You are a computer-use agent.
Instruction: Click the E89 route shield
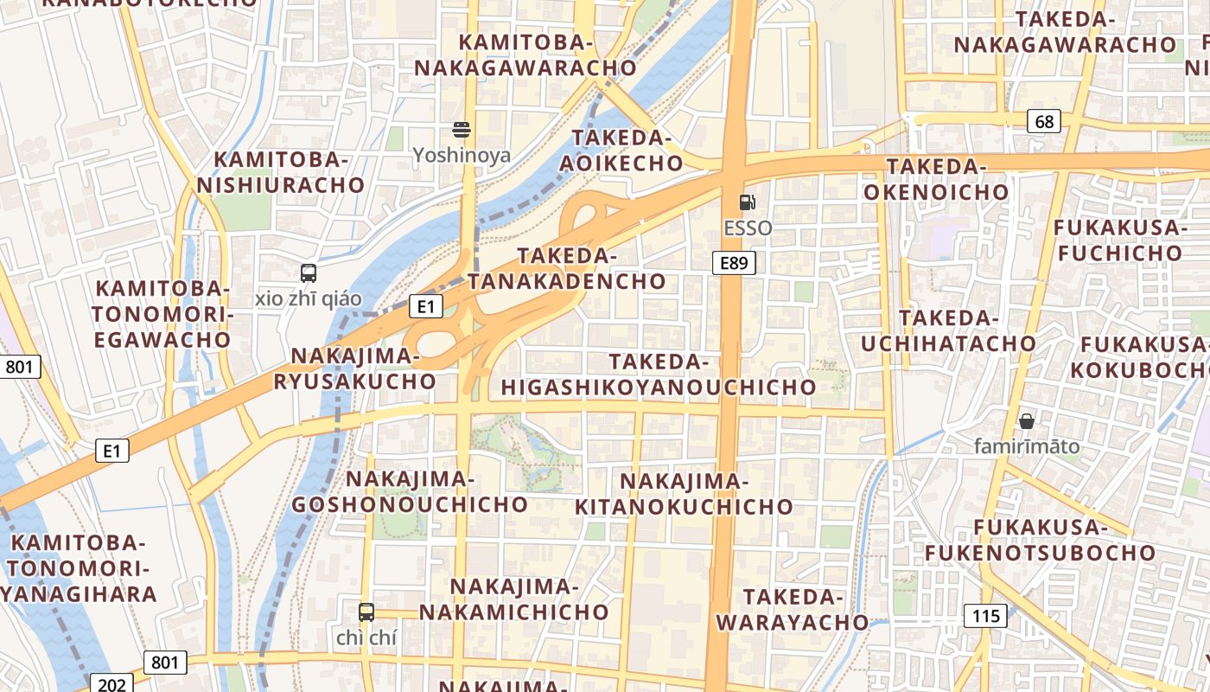pyautogui.click(x=734, y=263)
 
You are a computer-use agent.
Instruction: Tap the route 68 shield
pyautogui.click(x=1044, y=121)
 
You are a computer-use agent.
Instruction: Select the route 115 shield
pyautogui.click(x=984, y=616)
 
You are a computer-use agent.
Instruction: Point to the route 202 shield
pyautogui.click(x=111, y=685)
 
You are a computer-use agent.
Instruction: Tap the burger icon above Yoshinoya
pyautogui.click(x=462, y=130)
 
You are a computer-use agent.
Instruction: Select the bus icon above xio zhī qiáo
pyautogui.click(x=309, y=273)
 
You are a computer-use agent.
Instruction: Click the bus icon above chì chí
pyautogui.click(x=366, y=612)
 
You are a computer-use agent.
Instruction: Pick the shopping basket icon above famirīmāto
pyautogui.click(x=1027, y=421)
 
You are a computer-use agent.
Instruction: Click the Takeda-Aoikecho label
pyautogui.click(x=621, y=151)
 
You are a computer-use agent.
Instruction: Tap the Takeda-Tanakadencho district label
pyautogui.click(x=567, y=268)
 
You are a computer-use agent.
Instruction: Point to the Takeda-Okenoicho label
pyautogui.click(x=936, y=179)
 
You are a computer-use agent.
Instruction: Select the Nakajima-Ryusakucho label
pyautogui.click(x=355, y=368)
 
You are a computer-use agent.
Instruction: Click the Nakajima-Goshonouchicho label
pyautogui.click(x=410, y=491)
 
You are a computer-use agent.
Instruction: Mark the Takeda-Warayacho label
pyautogui.click(x=792, y=610)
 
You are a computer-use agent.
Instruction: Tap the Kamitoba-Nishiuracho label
pyautogui.click(x=281, y=172)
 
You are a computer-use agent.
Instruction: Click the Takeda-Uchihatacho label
pyautogui.click(x=948, y=330)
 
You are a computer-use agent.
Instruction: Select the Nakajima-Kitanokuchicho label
pyautogui.click(x=684, y=494)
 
